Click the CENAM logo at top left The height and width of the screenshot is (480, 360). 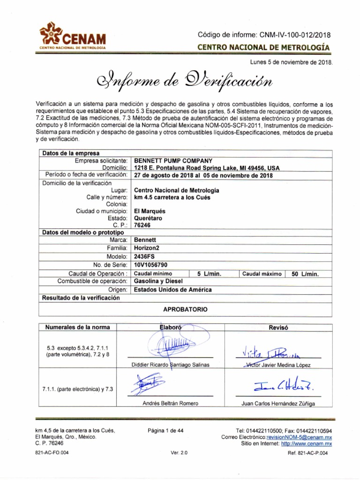(73, 37)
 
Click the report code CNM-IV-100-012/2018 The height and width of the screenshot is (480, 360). (264, 35)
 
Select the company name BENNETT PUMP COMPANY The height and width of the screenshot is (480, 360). (173, 161)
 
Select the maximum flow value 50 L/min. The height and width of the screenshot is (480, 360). (305, 274)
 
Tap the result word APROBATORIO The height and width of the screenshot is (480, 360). (185, 310)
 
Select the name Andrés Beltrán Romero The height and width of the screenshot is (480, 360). (170, 403)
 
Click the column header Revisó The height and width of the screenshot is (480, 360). (278, 327)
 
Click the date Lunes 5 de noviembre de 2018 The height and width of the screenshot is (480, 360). (292, 62)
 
